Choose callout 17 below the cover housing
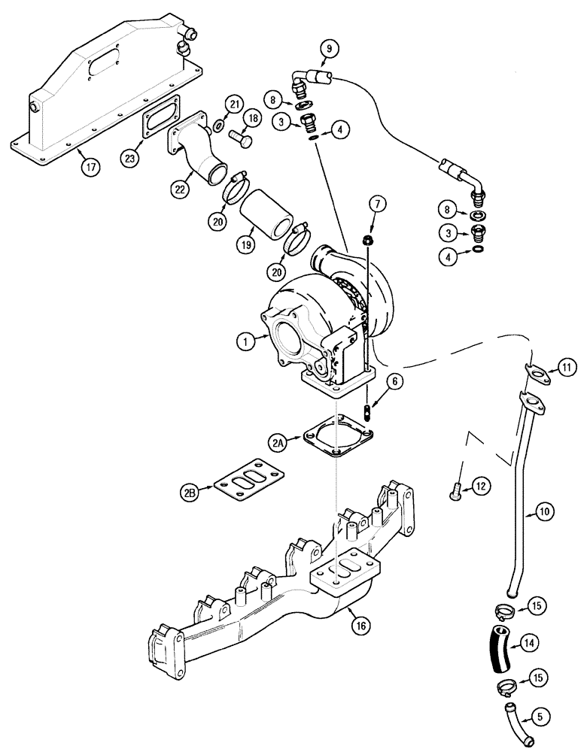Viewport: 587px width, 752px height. pos(90,167)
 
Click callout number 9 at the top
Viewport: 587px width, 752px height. pos(328,50)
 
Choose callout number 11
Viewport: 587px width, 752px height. pos(566,368)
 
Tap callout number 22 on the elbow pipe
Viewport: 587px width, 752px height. pos(179,191)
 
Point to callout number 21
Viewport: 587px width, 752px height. pos(236,103)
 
